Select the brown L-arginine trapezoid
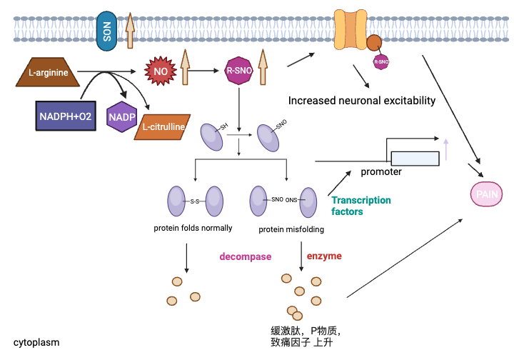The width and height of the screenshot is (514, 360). (44, 72)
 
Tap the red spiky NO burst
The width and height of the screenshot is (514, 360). (159, 71)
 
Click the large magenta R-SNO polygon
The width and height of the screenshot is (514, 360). (237, 71)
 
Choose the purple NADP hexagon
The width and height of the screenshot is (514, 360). (121, 116)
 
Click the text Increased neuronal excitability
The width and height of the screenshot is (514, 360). (361, 101)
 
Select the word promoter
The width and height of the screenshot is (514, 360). (381, 171)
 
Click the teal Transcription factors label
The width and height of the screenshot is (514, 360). (361, 206)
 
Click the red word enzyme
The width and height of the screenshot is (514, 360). (324, 256)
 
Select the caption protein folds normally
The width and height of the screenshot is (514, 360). (193, 229)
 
